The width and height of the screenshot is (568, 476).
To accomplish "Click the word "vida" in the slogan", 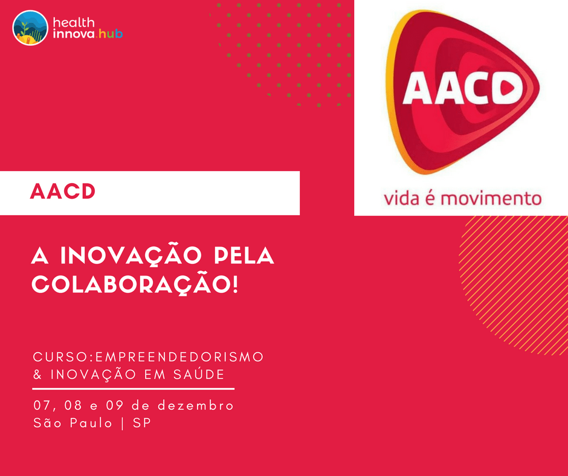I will (404, 198).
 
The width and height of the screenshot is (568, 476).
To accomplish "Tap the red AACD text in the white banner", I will (63, 193).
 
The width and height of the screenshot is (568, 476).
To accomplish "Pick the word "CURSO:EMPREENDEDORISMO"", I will (149, 357).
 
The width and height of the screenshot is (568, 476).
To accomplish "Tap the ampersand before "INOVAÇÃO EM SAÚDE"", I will (38, 375).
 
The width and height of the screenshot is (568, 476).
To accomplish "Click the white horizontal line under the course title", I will (133, 389).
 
